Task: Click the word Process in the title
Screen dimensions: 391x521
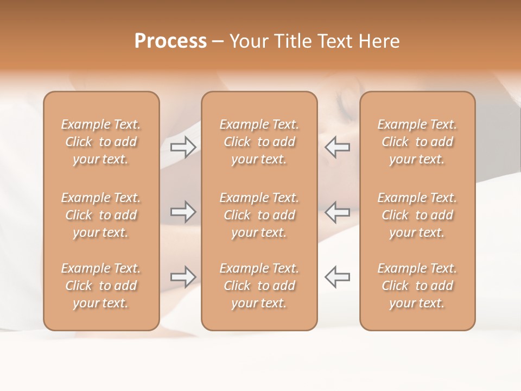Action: pos(170,41)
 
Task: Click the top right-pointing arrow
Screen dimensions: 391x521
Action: pos(183,147)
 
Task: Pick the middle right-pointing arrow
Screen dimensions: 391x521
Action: pos(183,212)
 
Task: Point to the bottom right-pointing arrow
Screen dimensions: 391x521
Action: pos(183,277)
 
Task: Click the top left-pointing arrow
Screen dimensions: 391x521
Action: pos(338,147)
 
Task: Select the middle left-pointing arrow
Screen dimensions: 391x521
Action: pos(338,212)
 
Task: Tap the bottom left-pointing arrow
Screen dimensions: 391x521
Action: pos(338,277)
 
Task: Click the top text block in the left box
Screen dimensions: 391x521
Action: pos(101,142)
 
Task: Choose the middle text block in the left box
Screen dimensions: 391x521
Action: pos(101,215)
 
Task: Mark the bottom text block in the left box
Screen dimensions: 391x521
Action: pos(101,286)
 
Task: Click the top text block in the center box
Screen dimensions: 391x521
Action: pos(259,142)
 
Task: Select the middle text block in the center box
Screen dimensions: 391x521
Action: pos(259,215)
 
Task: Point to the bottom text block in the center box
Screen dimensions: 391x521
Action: pos(259,286)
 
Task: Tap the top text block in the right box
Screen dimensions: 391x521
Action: pos(417,142)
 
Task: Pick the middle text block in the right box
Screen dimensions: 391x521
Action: pos(417,215)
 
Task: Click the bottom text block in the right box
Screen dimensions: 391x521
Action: pos(417,286)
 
